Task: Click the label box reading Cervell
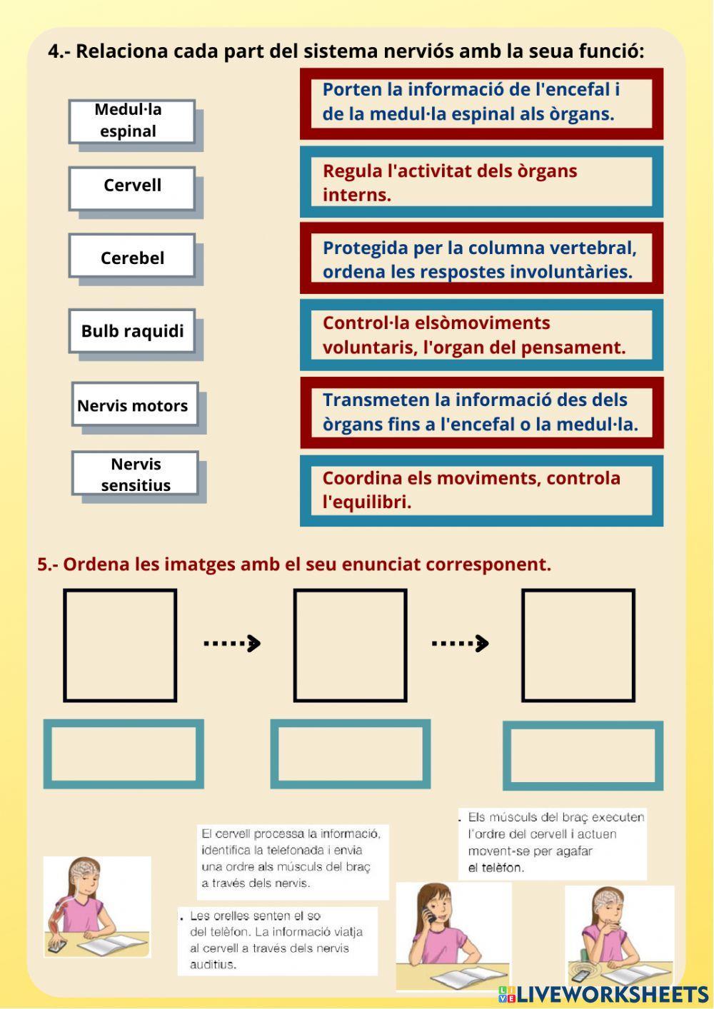[132, 188]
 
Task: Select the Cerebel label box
[132, 256]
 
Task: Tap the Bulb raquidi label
[132, 331]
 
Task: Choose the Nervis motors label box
[134, 405]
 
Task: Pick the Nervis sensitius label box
[135, 474]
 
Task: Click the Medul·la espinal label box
[131, 121]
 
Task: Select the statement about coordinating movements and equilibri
[481, 490]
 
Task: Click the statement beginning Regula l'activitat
[481, 182]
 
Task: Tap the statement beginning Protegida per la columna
[481, 259]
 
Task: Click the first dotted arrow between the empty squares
[232, 643]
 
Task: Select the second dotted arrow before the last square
[461, 643]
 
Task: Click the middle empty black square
[350, 645]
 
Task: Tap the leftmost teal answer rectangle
[124, 754]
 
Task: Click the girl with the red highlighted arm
[97, 906]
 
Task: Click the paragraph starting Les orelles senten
[277, 940]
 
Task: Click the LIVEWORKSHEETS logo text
[610, 994]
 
